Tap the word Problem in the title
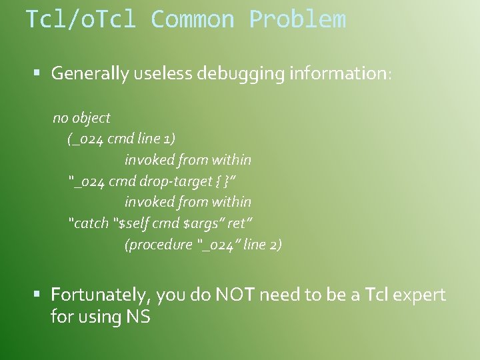[x=297, y=19]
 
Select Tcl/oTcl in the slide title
[x=81, y=19]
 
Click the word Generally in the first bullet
[x=89, y=73]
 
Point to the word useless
[x=161, y=73]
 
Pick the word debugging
[x=241, y=73]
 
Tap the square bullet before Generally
[x=39, y=73]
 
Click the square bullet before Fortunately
[x=39, y=294]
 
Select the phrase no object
[x=81, y=118]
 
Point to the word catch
[x=91, y=223]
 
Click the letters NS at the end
[x=138, y=316]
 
